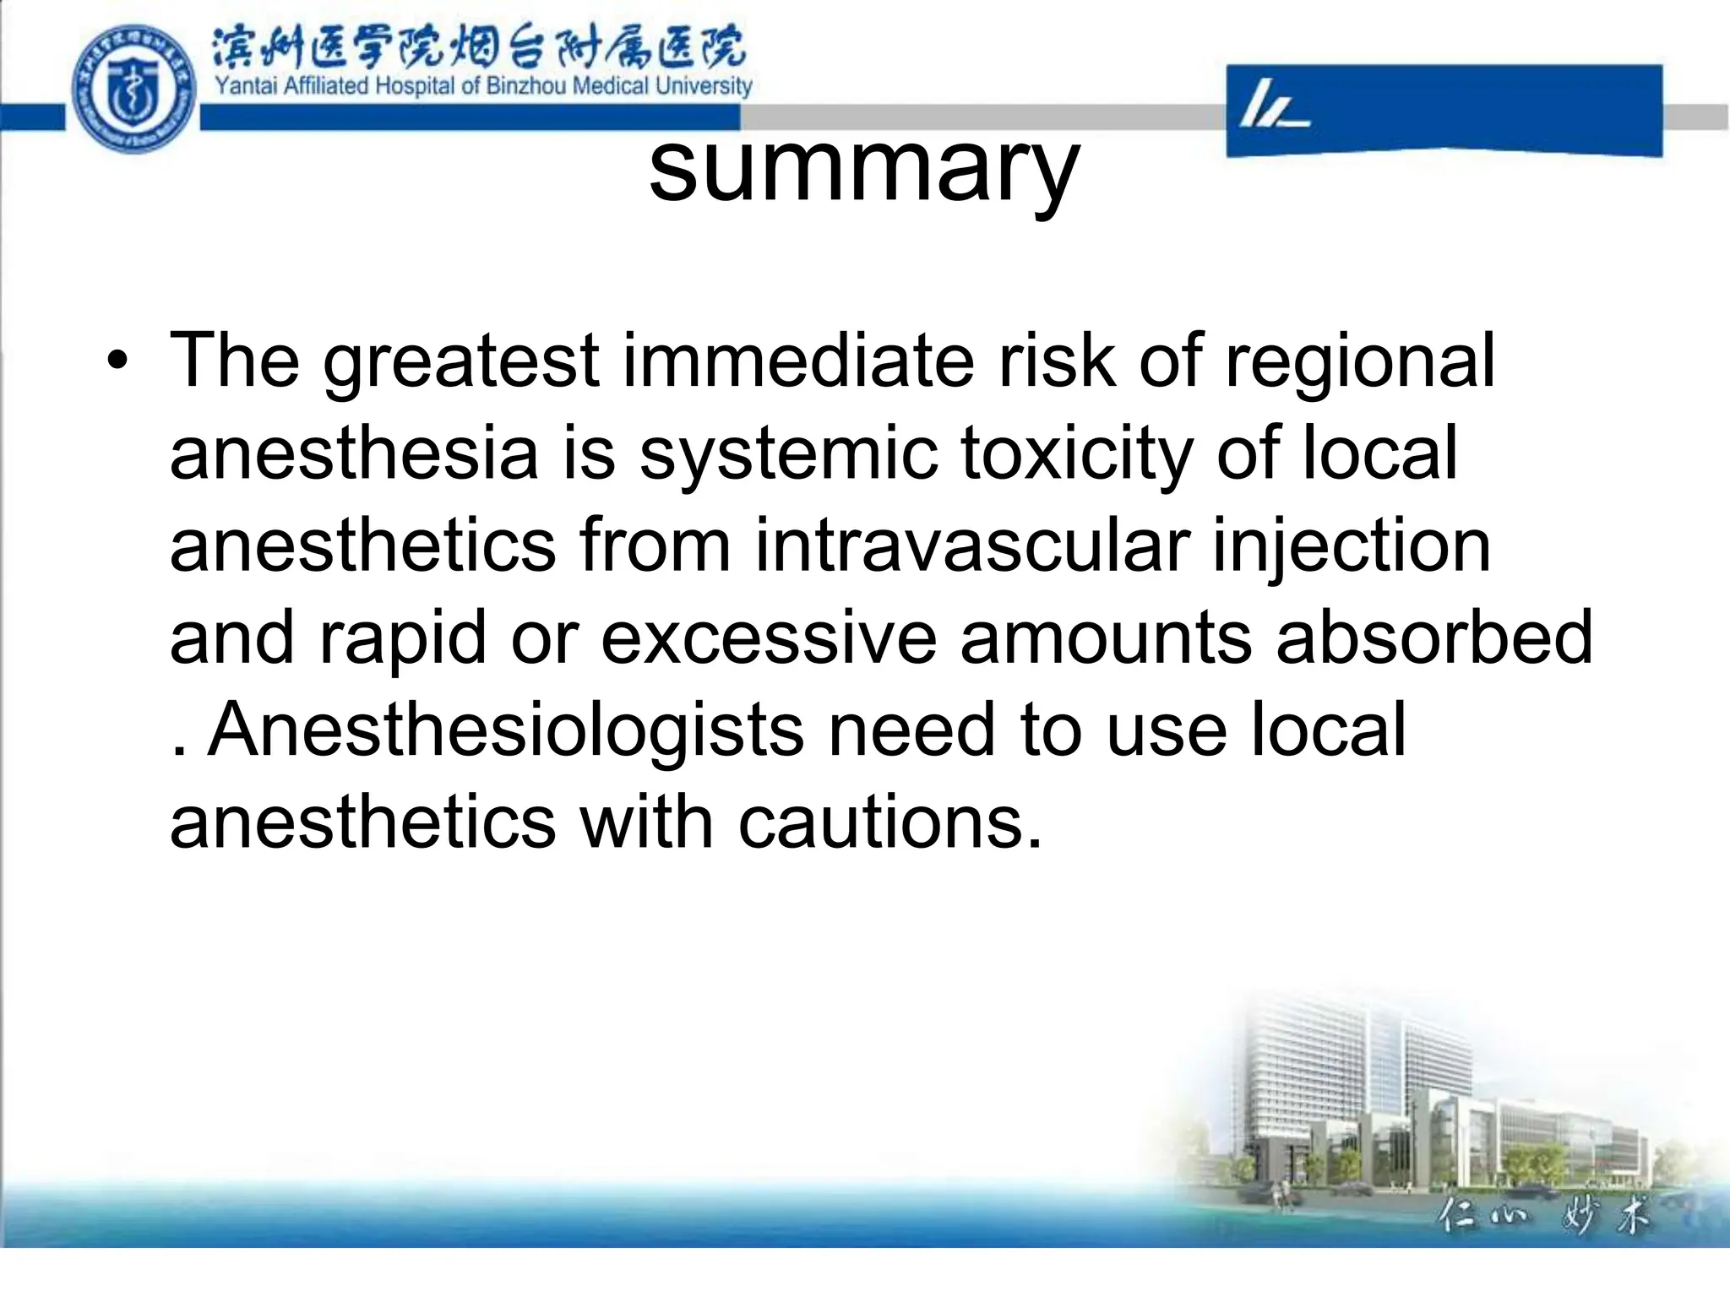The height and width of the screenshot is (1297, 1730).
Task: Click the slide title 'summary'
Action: (x=863, y=169)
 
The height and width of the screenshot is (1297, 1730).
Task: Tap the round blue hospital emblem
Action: (x=133, y=89)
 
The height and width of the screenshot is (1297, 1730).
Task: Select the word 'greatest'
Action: (x=461, y=363)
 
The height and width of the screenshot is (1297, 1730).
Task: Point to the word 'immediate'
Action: (x=798, y=361)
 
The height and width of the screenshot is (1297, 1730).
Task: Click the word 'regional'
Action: (x=1359, y=363)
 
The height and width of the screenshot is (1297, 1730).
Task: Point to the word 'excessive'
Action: (x=768, y=638)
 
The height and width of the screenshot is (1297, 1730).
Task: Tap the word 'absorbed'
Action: (x=1434, y=638)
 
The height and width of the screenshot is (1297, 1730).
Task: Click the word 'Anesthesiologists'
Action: (x=505, y=731)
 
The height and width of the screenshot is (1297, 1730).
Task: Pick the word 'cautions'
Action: (x=890, y=822)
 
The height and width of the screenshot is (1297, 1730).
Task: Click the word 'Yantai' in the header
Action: (x=246, y=86)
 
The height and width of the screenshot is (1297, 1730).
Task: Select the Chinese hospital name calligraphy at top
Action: (x=477, y=47)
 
